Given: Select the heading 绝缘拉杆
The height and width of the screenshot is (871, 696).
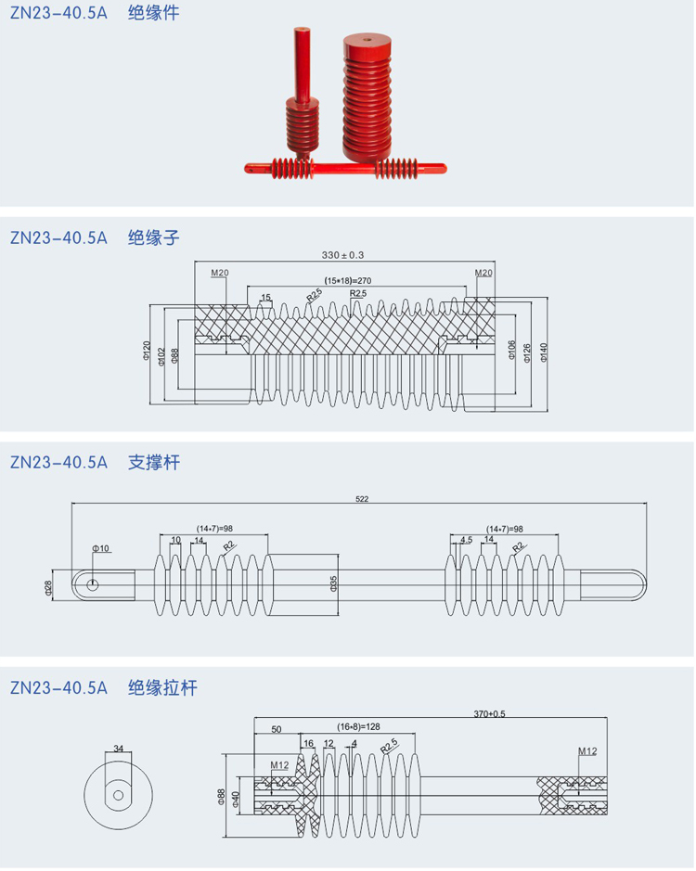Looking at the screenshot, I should click(x=162, y=688).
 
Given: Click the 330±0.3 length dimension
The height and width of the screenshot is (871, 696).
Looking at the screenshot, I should click(x=342, y=254).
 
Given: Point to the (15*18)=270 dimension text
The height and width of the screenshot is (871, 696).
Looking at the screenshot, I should click(x=348, y=279).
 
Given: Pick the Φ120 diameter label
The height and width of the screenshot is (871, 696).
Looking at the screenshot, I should click(x=147, y=351).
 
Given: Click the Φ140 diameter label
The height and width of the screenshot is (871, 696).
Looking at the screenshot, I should click(x=544, y=351).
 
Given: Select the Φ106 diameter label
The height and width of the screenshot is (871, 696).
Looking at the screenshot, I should click(x=511, y=350).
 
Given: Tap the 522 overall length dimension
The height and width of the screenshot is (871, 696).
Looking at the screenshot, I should click(x=362, y=499).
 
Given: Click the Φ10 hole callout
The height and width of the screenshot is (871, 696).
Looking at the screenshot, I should click(x=101, y=548).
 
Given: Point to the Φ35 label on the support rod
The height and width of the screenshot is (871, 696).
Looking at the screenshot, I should click(x=333, y=583).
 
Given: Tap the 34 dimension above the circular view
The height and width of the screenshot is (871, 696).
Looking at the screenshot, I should click(x=118, y=748).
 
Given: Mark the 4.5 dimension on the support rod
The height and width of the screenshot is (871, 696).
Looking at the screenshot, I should click(x=466, y=539).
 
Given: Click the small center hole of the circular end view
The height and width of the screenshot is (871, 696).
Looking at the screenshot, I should click(x=118, y=795).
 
